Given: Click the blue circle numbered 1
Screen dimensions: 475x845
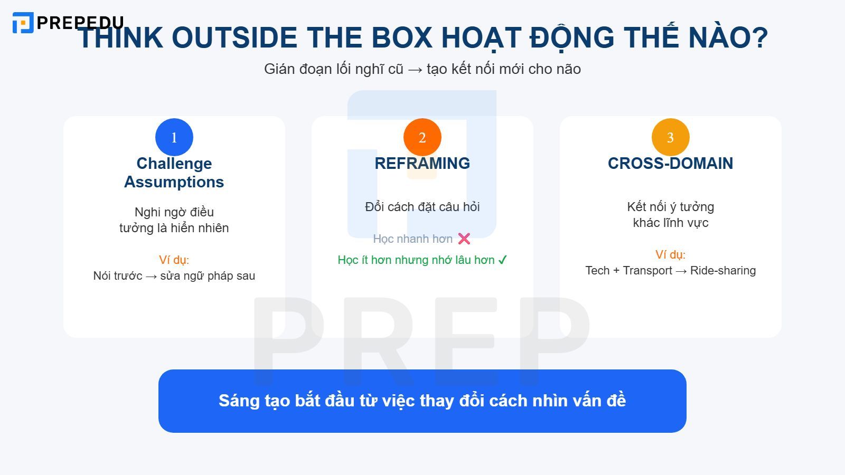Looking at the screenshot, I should pos(174,137).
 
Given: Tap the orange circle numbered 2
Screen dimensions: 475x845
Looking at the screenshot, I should pos(422,137).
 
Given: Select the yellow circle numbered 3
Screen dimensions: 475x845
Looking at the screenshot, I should pos(671,137).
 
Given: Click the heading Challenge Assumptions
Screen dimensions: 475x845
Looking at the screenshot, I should pos(174,173).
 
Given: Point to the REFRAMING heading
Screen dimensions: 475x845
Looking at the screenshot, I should pos(422,164).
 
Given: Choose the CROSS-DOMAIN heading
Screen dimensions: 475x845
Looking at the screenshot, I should pos(671,164).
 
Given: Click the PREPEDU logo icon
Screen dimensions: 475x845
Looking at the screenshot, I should pos(23,23).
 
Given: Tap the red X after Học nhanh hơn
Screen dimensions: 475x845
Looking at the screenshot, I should pos(464,239).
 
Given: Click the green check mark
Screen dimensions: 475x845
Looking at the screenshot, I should pos(502,260).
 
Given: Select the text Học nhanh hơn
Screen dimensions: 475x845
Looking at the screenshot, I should pos(412,239).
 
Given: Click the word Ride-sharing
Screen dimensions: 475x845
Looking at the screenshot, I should pos(723,271).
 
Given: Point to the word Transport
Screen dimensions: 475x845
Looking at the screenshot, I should pos(647,271).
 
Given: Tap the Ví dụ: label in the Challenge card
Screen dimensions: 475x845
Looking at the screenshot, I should pos(174,260).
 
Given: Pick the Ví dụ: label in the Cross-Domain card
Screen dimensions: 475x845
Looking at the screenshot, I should pos(671,254).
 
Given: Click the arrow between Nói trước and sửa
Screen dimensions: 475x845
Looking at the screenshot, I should pos(151,276).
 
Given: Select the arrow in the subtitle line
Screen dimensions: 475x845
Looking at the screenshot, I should pos(415,69).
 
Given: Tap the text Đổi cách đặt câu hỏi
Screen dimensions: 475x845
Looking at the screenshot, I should pos(422,207).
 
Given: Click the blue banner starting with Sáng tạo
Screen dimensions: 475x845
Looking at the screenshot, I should pos(422,401).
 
